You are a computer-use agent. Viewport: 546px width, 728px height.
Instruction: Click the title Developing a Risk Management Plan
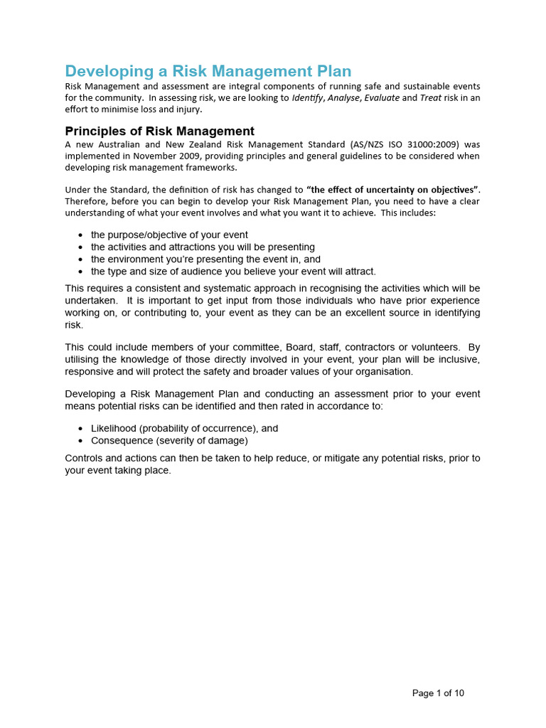[208, 71]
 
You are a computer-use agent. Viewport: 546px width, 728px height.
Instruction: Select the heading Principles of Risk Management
[159, 131]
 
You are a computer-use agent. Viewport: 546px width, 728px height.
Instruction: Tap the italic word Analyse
[343, 98]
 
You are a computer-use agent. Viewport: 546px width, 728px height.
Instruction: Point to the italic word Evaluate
[382, 98]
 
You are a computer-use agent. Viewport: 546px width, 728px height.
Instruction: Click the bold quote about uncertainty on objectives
[393, 190]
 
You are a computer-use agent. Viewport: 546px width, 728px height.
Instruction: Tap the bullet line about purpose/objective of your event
[169, 235]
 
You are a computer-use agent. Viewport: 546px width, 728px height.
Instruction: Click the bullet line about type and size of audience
[233, 271]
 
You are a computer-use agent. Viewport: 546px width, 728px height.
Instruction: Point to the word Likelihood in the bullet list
[114, 428]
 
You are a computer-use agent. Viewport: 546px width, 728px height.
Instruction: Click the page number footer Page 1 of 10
[438, 693]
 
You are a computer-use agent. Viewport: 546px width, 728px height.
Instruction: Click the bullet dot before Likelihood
[81, 429]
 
